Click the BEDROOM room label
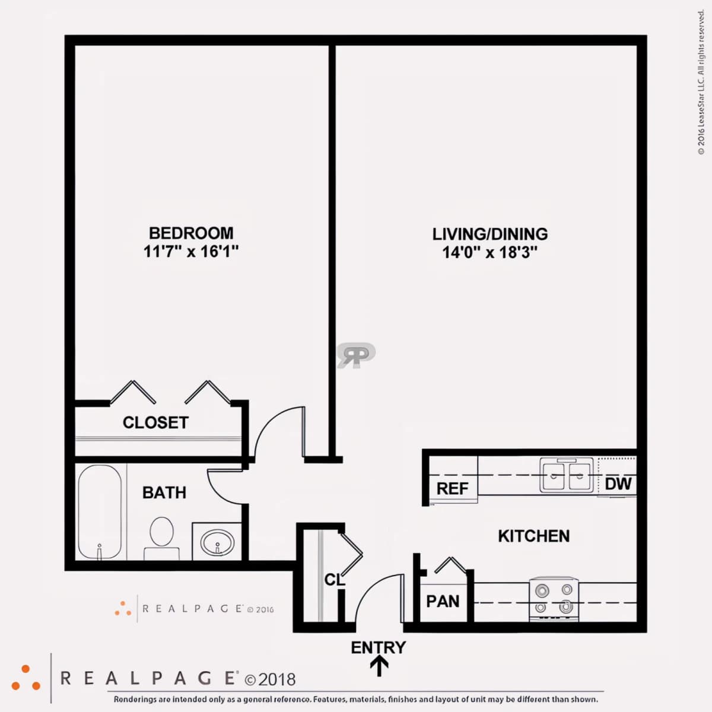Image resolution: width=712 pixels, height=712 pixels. click(x=191, y=233)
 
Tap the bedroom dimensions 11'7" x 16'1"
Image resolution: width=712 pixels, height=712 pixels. click(x=190, y=252)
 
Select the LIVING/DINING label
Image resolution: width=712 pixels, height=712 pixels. click(x=490, y=234)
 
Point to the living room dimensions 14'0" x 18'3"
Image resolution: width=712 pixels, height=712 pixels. click(x=490, y=253)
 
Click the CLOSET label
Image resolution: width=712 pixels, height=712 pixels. click(x=155, y=422)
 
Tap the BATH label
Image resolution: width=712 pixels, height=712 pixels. click(x=164, y=492)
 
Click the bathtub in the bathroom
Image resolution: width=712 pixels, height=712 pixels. click(x=100, y=512)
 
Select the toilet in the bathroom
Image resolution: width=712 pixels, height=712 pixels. click(x=162, y=538)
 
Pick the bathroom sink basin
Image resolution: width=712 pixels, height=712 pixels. click(x=217, y=542)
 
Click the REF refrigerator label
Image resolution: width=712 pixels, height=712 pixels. click(x=452, y=488)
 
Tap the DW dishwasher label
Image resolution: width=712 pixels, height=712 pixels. click(x=618, y=484)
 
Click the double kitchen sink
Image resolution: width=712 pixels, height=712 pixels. click(x=567, y=475)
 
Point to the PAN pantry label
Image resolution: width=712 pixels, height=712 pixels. click(x=443, y=602)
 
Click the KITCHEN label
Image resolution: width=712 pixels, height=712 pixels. click(x=533, y=536)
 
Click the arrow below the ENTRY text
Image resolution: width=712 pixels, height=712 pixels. click(x=379, y=666)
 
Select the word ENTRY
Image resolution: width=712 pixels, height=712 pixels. click(x=379, y=648)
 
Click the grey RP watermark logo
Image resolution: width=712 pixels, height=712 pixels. click(x=356, y=355)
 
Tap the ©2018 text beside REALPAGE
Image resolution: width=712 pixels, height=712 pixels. click(x=270, y=679)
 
